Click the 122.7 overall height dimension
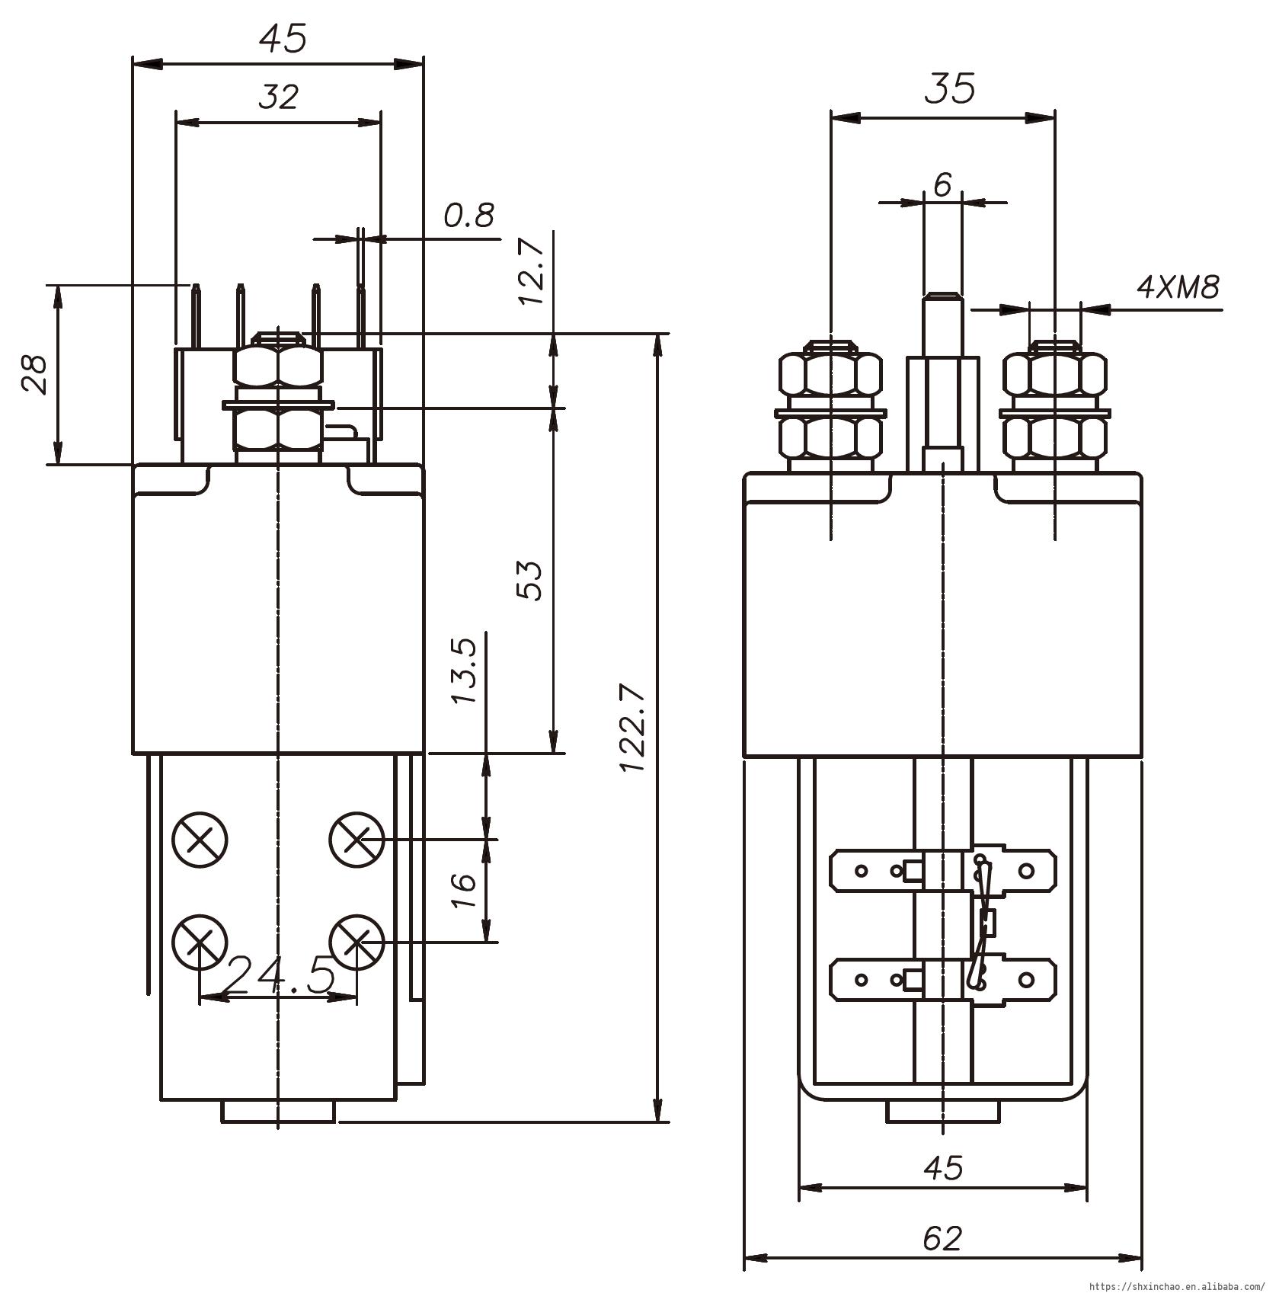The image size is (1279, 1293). [x=633, y=728]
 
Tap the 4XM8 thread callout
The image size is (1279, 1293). [x=1178, y=287]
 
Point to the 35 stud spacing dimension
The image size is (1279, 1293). [x=950, y=88]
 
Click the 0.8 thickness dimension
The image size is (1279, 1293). [x=469, y=216]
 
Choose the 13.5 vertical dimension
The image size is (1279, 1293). [x=466, y=671]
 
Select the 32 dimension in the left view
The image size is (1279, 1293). [x=278, y=97]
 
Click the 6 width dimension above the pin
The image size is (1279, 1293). [x=942, y=184]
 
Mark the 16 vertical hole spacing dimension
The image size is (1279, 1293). [x=464, y=891]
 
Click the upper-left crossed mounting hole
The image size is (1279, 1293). [x=200, y=840]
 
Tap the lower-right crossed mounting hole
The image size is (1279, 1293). [x=357, y=943]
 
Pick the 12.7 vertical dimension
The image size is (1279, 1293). [x=532, y=272]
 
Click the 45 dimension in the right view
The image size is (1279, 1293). [x=942, y=1167]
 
